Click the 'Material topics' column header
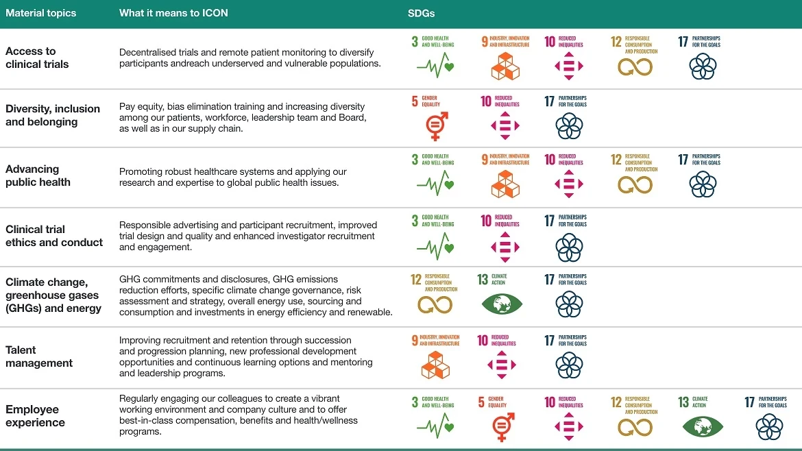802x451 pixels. [41, 13]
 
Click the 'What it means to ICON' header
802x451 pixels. [173, 13]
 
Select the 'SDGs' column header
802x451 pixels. [421, 13]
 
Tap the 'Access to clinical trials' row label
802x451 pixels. [37, 58]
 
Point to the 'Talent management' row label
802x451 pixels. [39, 356]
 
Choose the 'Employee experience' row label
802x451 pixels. [36, 416]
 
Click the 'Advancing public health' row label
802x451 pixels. [38, 175]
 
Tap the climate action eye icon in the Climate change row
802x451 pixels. [502, 304]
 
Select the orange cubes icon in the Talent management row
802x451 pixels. [435, 365]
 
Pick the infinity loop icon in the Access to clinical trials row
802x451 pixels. [635, 67]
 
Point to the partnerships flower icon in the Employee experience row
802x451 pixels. [769, 427]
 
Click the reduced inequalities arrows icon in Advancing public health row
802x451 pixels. [569, 184]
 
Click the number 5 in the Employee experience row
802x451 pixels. [481, 403]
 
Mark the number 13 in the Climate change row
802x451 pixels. [483, 280]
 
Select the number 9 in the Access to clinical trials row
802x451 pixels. [485, 42]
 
